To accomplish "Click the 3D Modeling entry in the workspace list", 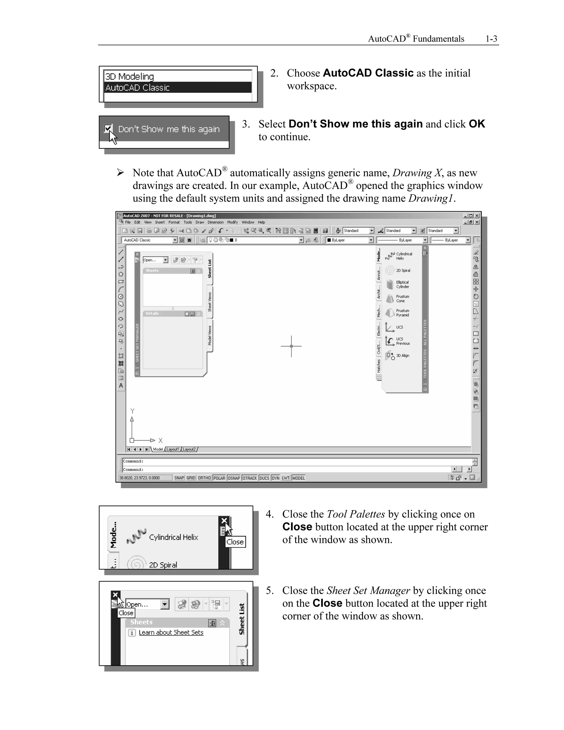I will coord(130,77).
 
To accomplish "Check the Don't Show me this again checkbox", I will coord(108,129).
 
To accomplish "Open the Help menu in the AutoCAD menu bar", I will coord(261,222).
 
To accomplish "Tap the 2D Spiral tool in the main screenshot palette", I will coord(403,271).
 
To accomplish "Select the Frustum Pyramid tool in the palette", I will coord(402,313).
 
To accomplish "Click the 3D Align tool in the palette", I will coord(402,356).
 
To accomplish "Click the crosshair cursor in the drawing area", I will coord(291,346).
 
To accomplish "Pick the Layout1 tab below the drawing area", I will coord(173,450).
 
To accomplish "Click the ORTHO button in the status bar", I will coord(204,478).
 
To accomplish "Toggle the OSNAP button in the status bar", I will coord(234,478).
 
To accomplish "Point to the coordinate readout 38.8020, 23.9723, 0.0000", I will coord(139,478).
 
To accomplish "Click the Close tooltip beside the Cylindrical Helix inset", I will coord(235,542).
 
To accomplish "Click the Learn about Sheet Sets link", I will coord(171,632).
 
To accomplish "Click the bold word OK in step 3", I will coord(476,124).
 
